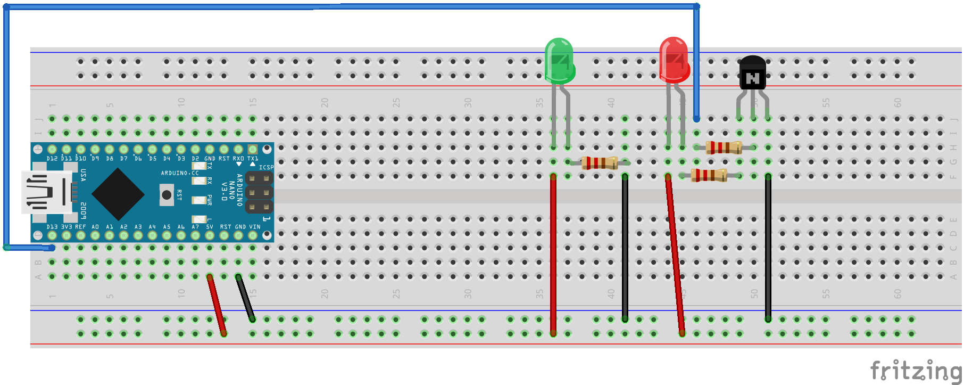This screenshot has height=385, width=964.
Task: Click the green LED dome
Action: [x=559, y=60]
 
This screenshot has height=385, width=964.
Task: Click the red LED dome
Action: [x=674, y=60]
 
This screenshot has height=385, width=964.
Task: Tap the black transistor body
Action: [x=752, y=73]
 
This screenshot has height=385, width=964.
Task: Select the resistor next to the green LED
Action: [x=599, y=162]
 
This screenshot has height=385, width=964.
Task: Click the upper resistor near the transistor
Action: [x=724, y=148]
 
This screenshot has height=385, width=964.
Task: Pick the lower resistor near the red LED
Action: [x=709, y=175]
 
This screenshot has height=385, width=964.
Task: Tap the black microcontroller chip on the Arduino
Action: [x=118, y=194]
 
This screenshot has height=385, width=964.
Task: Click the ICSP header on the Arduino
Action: [x=259, y=192]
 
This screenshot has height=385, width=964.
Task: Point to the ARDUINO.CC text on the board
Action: [x=180, y=173]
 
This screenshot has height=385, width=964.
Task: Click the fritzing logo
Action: [x=915, y=370]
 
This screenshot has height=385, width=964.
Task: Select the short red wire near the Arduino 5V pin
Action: [x=217, y=305]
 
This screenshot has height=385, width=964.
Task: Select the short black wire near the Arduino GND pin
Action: [x=245, y=298]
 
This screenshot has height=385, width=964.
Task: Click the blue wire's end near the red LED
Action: [x=696, y=118]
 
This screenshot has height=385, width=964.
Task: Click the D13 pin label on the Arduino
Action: [x=52, y=227]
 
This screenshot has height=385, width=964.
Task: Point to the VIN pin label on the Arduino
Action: [x=255, y=227]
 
